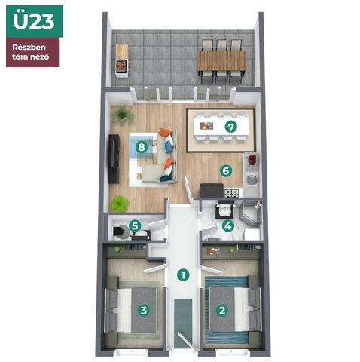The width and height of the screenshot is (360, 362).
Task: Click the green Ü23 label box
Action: point(35,21)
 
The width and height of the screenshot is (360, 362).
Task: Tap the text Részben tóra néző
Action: point(30,52)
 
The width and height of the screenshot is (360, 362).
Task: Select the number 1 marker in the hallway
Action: point(183,275)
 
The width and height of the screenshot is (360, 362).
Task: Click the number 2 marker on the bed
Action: point(222,311)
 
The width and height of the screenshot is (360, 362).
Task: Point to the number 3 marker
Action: point(143,310)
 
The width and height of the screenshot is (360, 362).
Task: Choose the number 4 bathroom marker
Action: point(228,225)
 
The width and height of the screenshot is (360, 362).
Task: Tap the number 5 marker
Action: point(135,225)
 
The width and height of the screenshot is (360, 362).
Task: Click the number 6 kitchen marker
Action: point(226,171)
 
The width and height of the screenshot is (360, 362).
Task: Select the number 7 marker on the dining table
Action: point(230,127)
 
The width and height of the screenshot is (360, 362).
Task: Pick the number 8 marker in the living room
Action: point(142,147)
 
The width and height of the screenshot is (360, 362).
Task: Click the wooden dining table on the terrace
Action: point(222,60)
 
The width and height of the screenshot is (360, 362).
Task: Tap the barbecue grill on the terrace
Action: point(122,66)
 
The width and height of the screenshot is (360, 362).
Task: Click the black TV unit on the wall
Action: point(113,159)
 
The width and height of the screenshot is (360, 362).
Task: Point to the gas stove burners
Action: point(231,193)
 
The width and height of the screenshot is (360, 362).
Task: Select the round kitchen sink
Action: point(251,179)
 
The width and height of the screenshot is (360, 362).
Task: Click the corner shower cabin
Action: point(252,213)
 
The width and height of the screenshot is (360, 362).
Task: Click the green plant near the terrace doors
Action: point(123,114)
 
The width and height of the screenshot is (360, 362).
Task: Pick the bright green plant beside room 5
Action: point(120,204)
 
